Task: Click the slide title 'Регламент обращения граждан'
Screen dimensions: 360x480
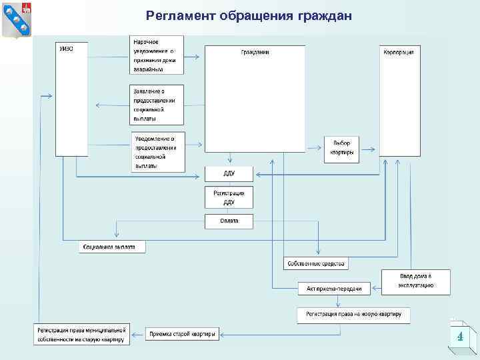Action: point(248,16)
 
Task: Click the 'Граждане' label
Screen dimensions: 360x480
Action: point(255,51)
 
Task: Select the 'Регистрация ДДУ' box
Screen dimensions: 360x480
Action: point(229,197)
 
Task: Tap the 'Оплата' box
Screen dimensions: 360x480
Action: point(229,221)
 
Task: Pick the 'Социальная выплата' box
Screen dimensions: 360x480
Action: point(112,247)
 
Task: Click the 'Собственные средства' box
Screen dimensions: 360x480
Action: point(315,263)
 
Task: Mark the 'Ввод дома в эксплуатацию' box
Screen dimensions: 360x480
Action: point(416,281)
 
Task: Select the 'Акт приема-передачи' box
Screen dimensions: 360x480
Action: point(333,288)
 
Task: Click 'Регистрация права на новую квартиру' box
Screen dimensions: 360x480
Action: point(353,315)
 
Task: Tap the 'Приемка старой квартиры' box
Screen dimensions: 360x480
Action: point(182,334)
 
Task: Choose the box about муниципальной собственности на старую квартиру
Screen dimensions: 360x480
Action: point(81,334)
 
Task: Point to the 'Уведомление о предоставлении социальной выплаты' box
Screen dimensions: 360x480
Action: point(159,151)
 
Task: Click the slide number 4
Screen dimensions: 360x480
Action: point(459,337)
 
